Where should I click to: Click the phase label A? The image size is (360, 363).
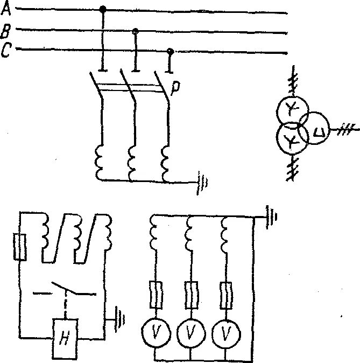(x=6, y=9)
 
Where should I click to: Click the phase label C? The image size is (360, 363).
(x=6, y=51)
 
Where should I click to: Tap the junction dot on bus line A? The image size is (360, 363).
(x=103, y=9)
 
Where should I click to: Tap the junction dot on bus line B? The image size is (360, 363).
(x=136, y=31)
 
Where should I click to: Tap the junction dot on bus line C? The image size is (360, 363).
(x=170, y=51)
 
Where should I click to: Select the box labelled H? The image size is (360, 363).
(x=65, y=338)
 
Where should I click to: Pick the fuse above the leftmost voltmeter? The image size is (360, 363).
(x=156, y=294)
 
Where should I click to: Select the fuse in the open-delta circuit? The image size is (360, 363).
(x=20, y=247)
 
